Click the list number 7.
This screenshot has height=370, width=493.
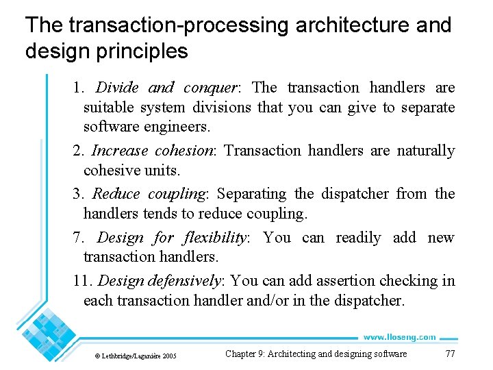click(77, 238)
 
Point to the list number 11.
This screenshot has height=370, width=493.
click(83, 281)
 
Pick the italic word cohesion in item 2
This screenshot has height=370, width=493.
click(185, 150)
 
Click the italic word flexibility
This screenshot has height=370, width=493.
click(214, 238)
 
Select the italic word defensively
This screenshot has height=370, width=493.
click(184, 281)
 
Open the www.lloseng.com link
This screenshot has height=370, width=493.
click(399, 337)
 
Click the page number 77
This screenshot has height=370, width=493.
click(450, 354)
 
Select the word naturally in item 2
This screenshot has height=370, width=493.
click(425, 150)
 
